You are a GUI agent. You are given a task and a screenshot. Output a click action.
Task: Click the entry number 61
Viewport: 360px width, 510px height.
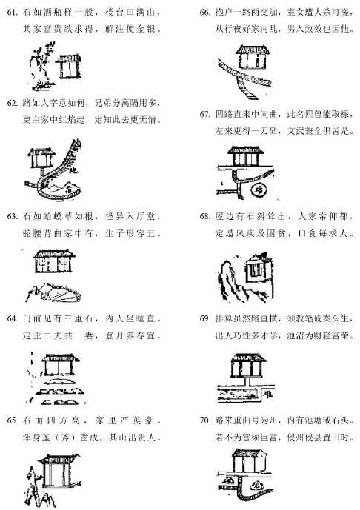pyautogui.click(x=12, y=13)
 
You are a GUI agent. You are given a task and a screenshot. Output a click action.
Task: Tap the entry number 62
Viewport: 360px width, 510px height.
pyautogui.click(x=12, y=104)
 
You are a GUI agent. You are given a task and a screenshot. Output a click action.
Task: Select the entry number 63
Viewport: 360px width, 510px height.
pyautogui.click(x=12, y=216)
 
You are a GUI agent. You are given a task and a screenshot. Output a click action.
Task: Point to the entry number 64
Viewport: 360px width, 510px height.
pyautogui.click(x=12, y=318)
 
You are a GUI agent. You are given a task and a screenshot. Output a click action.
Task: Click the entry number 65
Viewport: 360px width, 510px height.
pyautogui.click(x=12, y=421)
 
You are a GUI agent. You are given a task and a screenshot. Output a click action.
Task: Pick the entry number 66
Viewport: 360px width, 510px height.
pyautogui.click(x=204, y=13)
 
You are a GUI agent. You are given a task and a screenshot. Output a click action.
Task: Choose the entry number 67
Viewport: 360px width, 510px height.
pyautogui.click(x=204, y=115)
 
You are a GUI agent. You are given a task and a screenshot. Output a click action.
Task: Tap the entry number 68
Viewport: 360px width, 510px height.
pyautogui.click(x=204, y=216)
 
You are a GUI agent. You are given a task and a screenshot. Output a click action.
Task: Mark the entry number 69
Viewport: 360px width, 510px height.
pyautogui.click(x=204, y=318)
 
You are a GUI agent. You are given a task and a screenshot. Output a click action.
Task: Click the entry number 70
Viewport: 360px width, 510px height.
pyautogui.click(x=204, y=421)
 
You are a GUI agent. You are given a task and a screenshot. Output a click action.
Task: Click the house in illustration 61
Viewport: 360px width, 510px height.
pyautogui.click(x=68, y=67)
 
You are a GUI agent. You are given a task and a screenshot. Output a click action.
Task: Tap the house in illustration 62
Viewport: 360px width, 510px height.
pyautogui.click(x=41, y=158)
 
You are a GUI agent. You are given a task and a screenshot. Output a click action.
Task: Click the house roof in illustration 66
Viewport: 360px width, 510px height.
pyautogui.click(x=253, y=50)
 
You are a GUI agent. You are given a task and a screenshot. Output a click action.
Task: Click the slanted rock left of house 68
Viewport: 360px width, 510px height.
pyautogui.click(x=232, y=280)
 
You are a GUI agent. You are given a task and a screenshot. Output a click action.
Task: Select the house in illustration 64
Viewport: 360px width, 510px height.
pyautogui.click(x=60, y=365)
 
